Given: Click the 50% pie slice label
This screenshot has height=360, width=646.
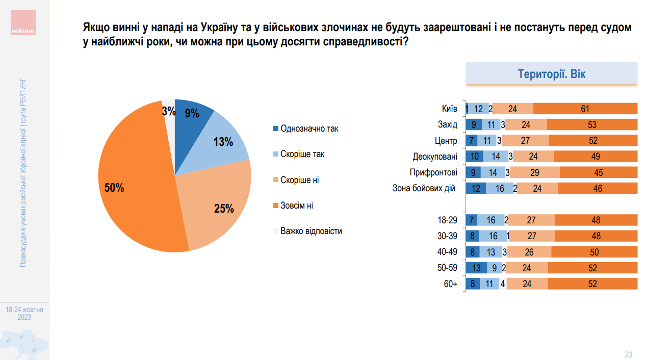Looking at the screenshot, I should [x=114, y=188].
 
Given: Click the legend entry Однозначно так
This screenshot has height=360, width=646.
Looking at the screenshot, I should [x=309, y=128].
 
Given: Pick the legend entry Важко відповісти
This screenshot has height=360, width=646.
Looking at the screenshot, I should [x=311, y=231].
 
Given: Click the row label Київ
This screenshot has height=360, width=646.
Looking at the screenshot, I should [x=449, y=109].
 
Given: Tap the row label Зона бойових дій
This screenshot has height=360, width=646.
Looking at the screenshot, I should [x=424, y=188].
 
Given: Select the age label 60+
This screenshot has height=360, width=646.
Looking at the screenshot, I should [x=450, y=284].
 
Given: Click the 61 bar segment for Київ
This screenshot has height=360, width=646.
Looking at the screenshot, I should [x=585, y=109].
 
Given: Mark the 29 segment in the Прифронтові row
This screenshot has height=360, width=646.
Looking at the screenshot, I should [x=534, y=172].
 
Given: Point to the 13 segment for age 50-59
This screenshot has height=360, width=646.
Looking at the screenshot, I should [x=476, y=268].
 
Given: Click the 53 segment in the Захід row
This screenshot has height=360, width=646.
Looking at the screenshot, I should [x=592, y=124].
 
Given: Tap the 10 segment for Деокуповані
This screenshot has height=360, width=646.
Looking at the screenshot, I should [x=474, y=157].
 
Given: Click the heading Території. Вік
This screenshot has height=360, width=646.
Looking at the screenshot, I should [x=552, y=74].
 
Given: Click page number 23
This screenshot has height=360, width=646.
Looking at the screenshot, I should [x=628, y=354].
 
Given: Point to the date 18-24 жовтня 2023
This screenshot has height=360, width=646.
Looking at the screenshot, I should [x=24, y=313].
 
